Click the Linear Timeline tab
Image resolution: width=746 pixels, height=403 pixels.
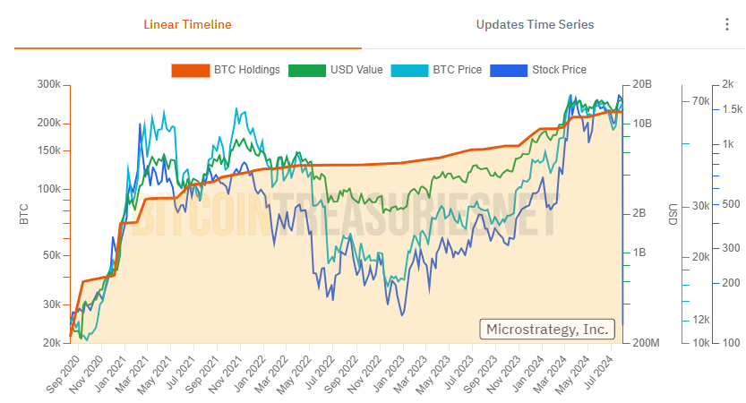(188, 24)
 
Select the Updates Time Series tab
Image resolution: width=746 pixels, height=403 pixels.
(535, 24)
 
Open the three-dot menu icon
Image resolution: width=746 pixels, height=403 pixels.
(727, 24)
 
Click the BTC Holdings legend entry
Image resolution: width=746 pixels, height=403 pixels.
(226, 69)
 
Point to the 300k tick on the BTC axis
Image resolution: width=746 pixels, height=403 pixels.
(47, 84)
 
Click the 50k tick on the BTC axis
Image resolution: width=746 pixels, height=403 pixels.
(50, 255)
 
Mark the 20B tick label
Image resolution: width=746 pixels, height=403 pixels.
(643, 84)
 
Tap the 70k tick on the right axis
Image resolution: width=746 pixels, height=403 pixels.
(700, 102)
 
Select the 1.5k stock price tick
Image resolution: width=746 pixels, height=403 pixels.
(731, 109)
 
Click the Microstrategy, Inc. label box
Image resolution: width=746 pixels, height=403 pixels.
(547, 329)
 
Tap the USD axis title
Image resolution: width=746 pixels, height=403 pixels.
(672, 214)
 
